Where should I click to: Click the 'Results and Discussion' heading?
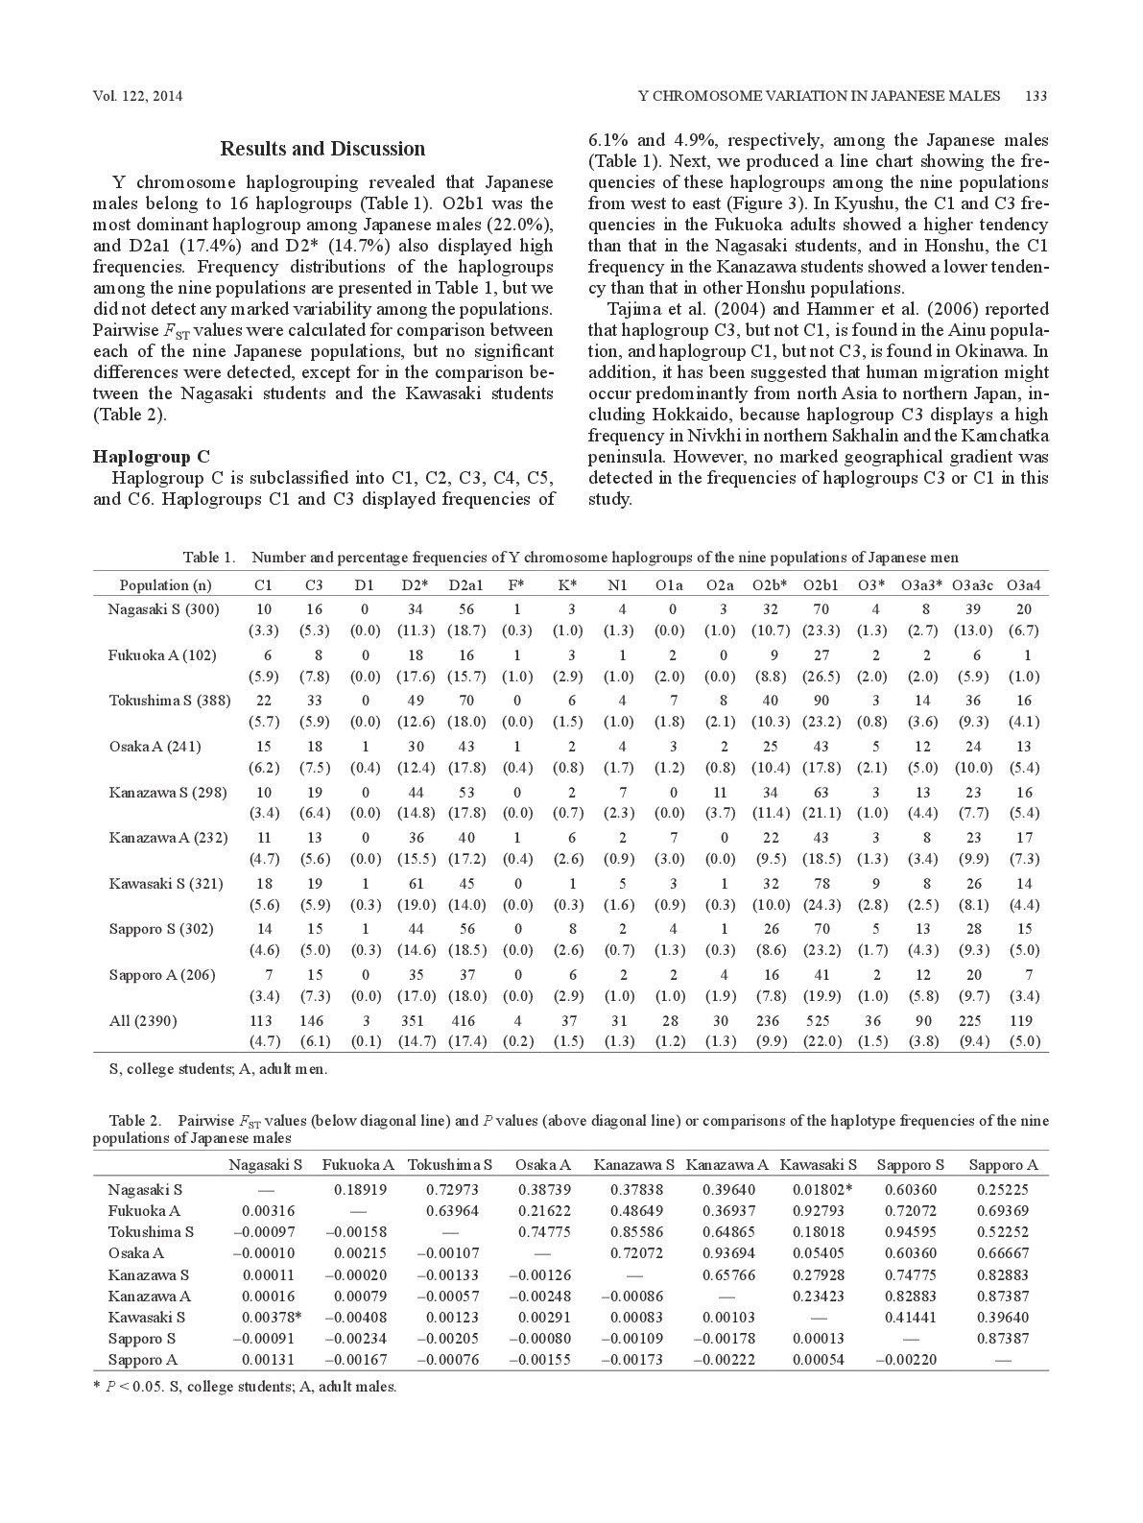322,149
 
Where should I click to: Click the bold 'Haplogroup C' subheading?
151,456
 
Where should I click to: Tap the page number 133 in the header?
1036,96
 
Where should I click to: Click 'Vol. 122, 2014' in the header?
138,96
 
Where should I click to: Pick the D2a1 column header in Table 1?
465,585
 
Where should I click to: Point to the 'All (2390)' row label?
143,1021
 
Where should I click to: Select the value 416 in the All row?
465,1021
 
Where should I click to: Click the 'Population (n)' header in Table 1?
166,585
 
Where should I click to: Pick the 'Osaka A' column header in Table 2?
542,1165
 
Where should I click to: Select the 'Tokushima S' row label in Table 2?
151,1232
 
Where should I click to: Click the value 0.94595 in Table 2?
911,1232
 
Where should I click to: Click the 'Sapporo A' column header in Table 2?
1003,1165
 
